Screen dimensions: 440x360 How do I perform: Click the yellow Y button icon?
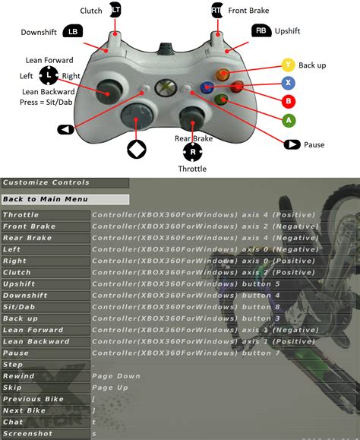(289, 65)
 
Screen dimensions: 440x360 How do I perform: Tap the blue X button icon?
(289, 82)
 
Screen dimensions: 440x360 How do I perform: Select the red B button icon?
(289, 100)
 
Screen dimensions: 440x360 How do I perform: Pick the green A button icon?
(289, 120)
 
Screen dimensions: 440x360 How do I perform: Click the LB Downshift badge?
(74, 31)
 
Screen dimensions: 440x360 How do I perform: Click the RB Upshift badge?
(261, 31)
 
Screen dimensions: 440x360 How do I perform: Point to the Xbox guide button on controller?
(164, 88)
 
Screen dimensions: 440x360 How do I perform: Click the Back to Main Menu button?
(45, 199)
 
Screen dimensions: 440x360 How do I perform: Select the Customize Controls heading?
(46, 182)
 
